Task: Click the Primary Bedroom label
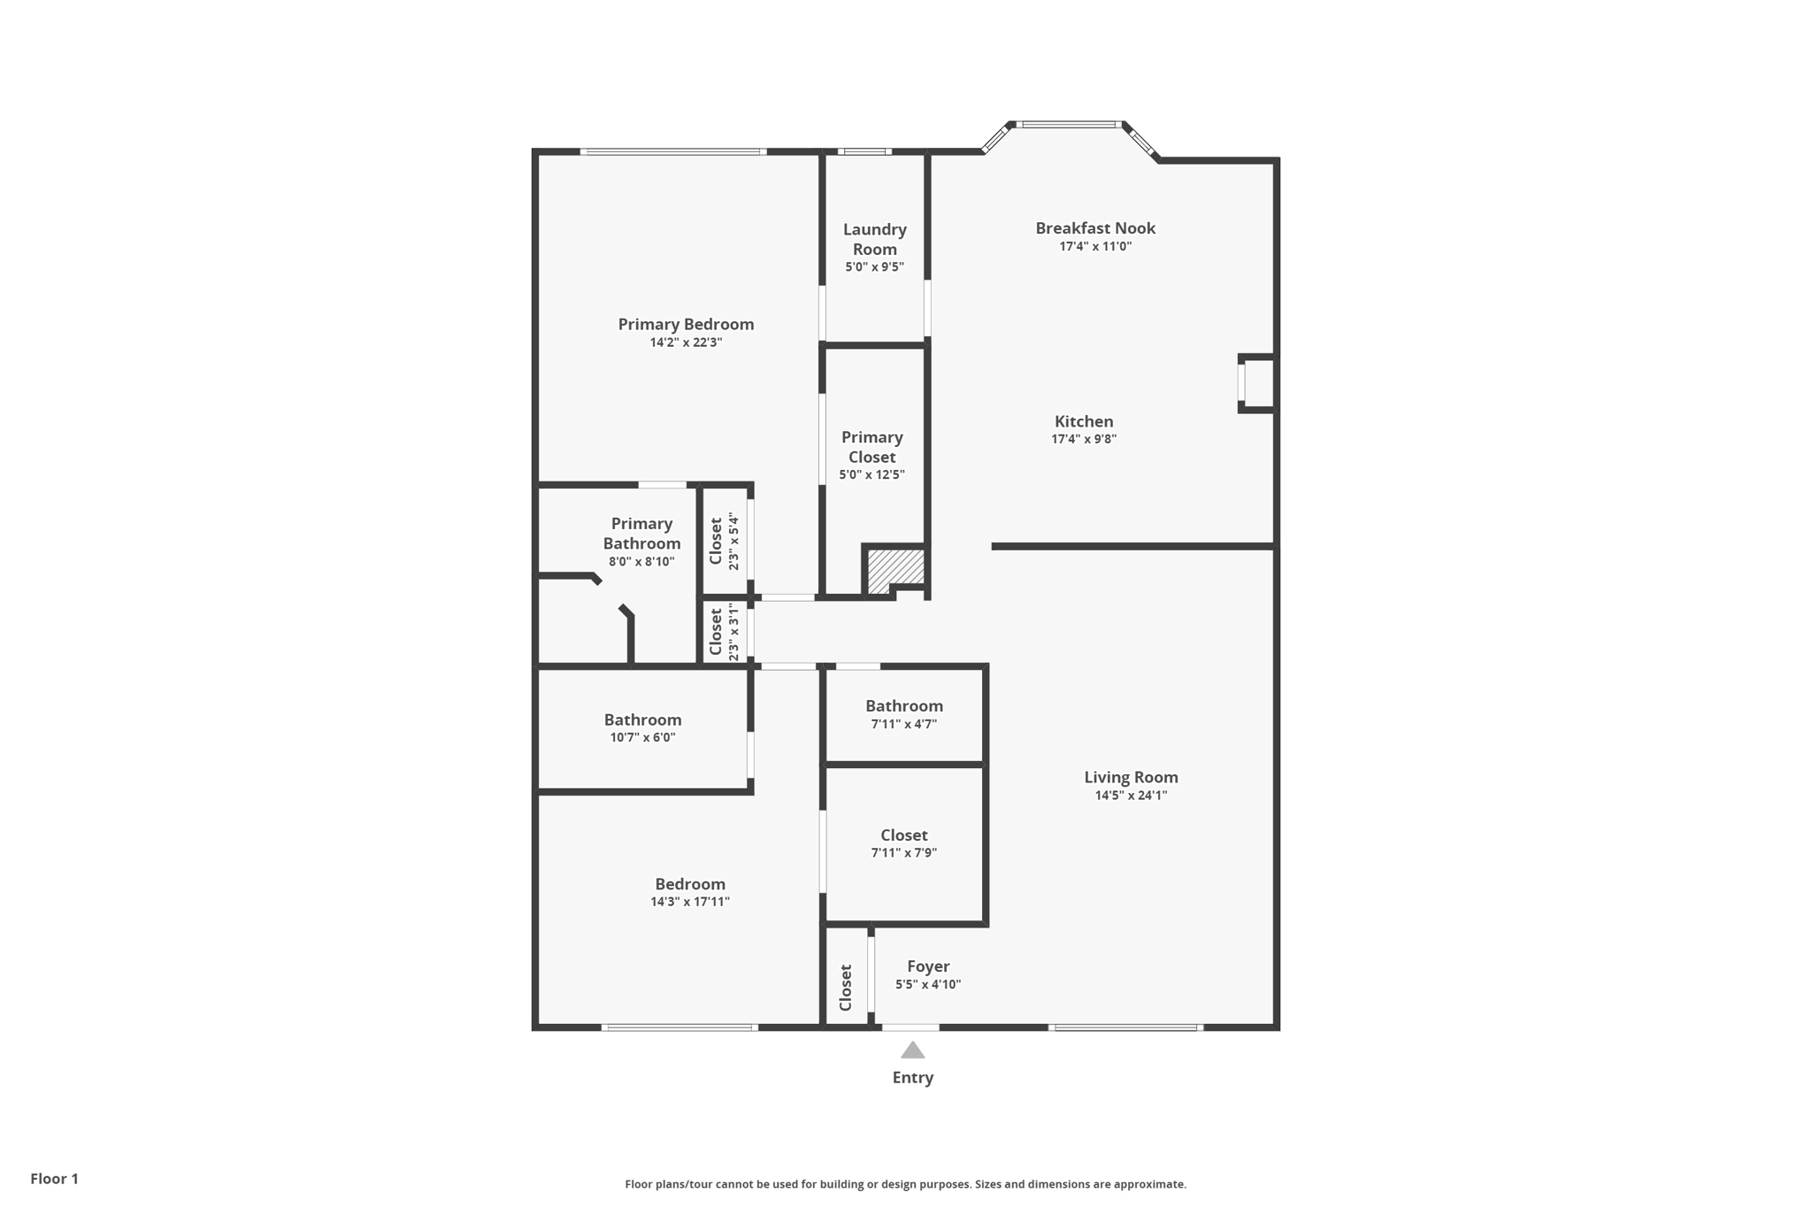tap(686, 324)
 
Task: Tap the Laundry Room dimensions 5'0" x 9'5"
tap(874, 267)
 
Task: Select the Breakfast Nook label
tap(1095, 228)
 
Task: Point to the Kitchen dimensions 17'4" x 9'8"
tap(1084, 439)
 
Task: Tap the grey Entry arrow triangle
tap(912, 1050)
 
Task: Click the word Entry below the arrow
tap(912, 1077)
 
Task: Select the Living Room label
tap(1131, 777)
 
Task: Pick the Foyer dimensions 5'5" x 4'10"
tap(927, 984)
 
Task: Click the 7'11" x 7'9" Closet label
tap(903, 835)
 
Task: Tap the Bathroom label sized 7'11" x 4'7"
tap(903, 705)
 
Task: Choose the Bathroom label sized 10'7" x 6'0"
tap(642, 719)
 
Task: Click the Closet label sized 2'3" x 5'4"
tap(716, 541)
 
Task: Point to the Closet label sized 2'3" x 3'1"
tap(716, 631)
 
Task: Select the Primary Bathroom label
tap(641, 534)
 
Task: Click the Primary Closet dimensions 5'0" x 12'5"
tap(871, 474)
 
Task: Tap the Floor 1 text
tap(54, 1178)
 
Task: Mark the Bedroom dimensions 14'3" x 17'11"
tap(689, 902)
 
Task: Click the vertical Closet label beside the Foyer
tap(846, 988)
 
